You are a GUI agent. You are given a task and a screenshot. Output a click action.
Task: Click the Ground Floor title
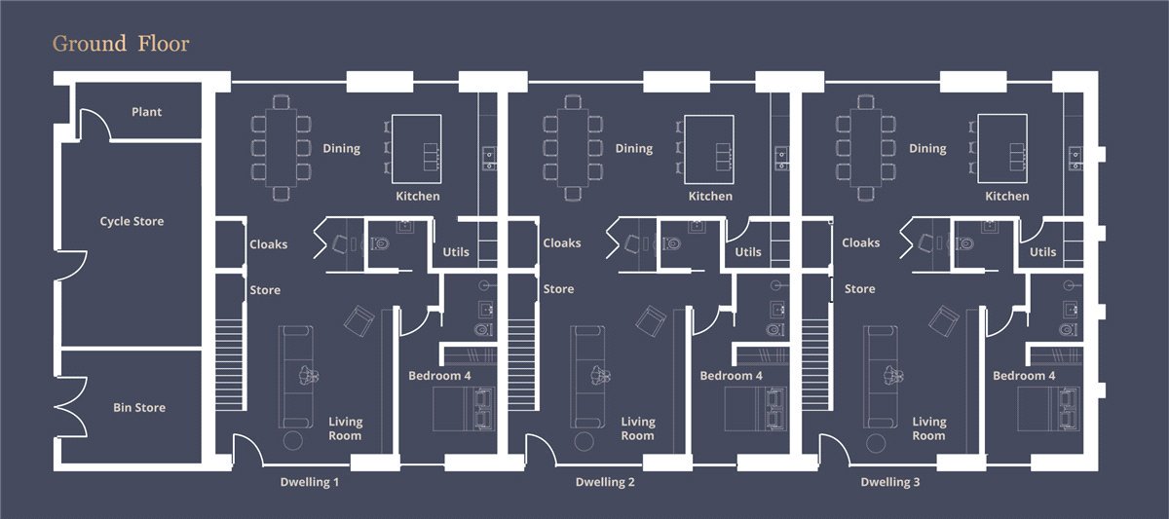click(x=121, y=44)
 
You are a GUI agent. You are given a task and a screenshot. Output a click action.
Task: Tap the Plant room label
click(x=147, y=112)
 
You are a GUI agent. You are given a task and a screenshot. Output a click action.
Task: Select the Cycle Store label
click(x=132, y=221)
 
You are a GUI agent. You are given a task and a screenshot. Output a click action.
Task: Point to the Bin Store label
click(x=139, y=407)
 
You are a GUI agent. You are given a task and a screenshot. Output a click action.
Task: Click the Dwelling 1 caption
click(x=310, y=482)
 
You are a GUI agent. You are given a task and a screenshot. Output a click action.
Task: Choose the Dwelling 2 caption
click(x=605, y=482)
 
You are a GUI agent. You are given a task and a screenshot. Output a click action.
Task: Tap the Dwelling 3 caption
click(x=890, y=482)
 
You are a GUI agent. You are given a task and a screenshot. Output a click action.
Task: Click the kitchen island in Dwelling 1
click(x=417, y=149)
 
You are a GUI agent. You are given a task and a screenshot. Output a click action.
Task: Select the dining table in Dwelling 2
click(x=573, y=148)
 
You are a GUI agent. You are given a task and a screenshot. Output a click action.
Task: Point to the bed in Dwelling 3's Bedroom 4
click(x=1048, y=409)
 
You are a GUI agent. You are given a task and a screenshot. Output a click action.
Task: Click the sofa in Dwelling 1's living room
click(x=296, y=377)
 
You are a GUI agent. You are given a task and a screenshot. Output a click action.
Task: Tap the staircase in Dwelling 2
click(x=521, y=364)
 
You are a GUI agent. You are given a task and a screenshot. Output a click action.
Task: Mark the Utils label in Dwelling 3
click(x=1042, y=252)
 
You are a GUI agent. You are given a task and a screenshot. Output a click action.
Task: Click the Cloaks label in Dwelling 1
click(x=268, y=244)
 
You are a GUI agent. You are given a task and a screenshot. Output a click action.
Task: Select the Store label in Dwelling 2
click(x=558, y=289)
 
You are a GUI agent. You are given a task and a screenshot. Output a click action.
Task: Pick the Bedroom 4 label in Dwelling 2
click(x=732, y=376)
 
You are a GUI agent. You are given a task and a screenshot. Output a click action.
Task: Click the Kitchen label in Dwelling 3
click(x=1007, y=196)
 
